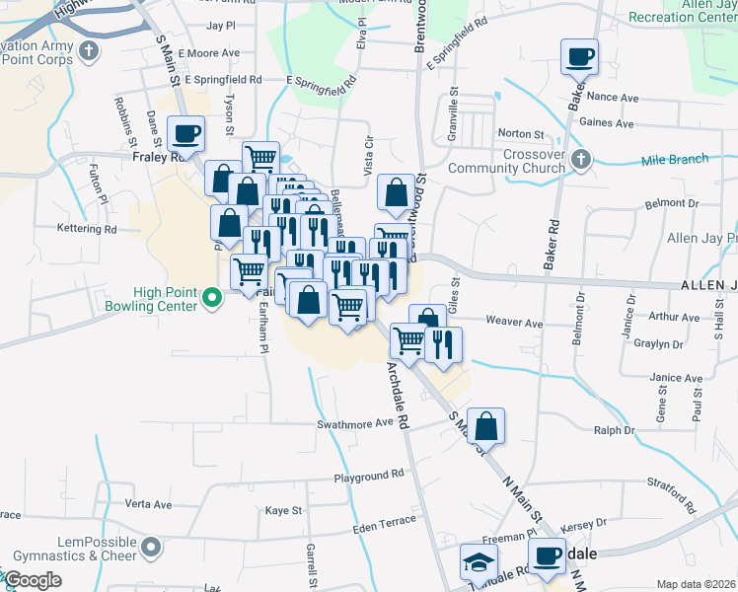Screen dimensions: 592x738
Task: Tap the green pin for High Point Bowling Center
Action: pos(210,296)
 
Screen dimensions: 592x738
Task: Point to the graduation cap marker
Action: pos(479,562)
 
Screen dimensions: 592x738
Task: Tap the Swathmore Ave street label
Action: pos(354,423)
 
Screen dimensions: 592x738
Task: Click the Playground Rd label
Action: pos(369,475)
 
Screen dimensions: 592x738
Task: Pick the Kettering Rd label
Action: pos(87,229)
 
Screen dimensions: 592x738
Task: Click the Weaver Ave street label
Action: pos(514,323)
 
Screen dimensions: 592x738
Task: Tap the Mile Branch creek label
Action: pos(675,160)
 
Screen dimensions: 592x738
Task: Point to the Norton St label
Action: pos(521,133)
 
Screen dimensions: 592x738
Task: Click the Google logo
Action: pos(33,580)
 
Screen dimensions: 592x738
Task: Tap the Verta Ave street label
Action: pos(150,504)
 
